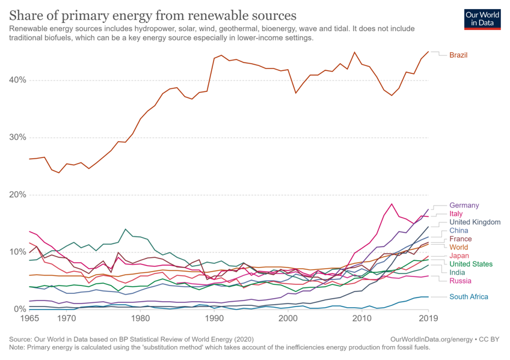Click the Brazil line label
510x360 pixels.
click(x=458, y=55)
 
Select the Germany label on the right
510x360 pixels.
click(x=464, y=206)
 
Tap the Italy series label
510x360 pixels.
click(x=456, y=214)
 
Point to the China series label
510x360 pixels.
click(x=459, y=230)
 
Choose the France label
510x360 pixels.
click(x=460, y=239)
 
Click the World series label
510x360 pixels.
click(x=459, y=247)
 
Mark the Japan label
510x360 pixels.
click(x=459, y=256)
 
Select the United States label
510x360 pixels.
click(x=471, y=264)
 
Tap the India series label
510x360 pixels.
click(x=458, y=272)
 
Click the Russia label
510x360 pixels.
click(x=460, y=281)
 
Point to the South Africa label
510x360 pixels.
click(x=469, y=297)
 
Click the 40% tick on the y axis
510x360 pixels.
click(x=17, y=80)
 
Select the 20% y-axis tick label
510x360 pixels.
click(x=17, y=195)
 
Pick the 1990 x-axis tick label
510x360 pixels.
click(x=214, y=318)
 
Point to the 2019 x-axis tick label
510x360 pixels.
click(x=428, y=318)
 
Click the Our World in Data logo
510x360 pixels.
click(x=482, y=18)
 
